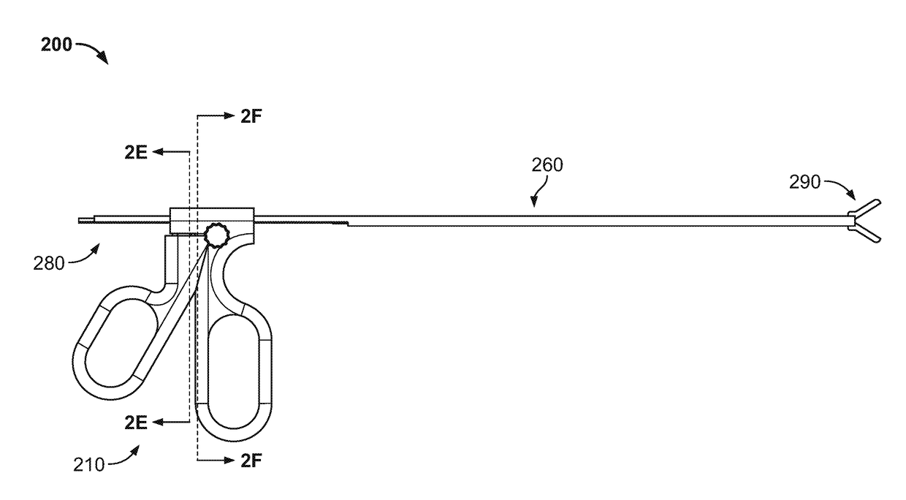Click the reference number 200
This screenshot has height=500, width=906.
(56, 45)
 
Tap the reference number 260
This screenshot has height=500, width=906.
(547, 165)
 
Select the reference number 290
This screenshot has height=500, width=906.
(804, 183)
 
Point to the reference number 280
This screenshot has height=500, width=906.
(48, 264)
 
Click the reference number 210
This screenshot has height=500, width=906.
(88, 465)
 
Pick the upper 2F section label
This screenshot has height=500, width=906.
(251, 116)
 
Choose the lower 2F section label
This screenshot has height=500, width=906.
(251, 461)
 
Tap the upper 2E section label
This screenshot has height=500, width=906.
(135, 153)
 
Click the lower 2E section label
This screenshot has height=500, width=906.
(135, 423)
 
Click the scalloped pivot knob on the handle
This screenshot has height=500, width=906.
(216, 235)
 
